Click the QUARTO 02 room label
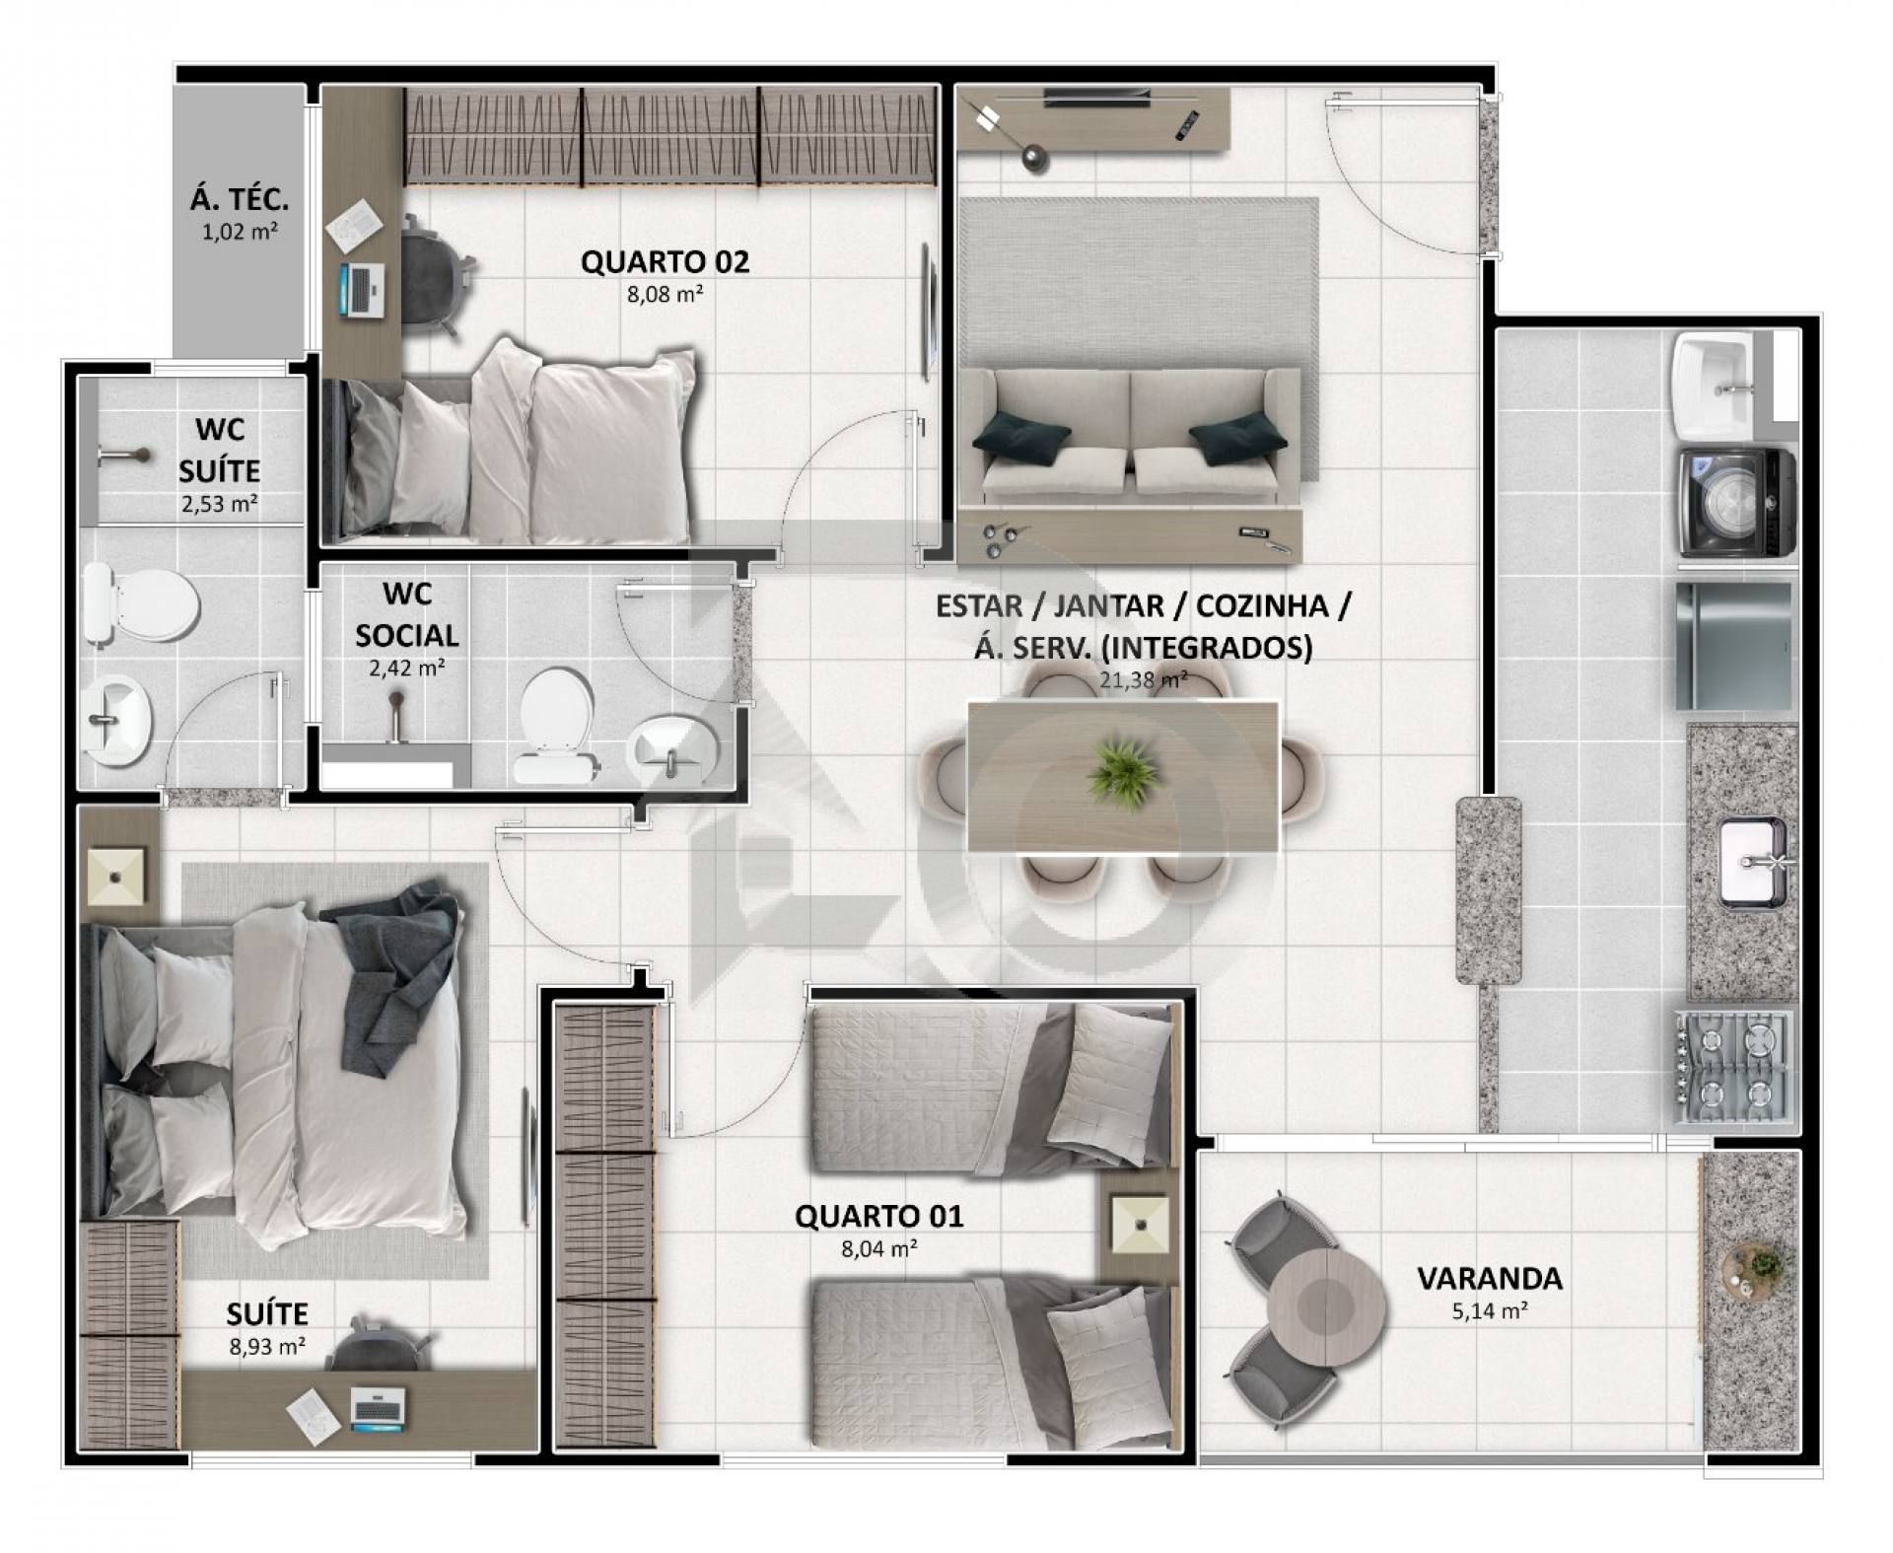[665, 262]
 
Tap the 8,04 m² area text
[879, 1249]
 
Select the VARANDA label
[1490, 1279]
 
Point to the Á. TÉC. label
[240, 199]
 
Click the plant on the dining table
[1123, 768]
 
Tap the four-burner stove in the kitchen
[1734, 1070]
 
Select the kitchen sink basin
[1752, 862]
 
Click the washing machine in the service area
[1736, 503]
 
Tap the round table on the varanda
[1326, 1307]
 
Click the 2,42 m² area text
[406, 668]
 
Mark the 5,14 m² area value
[1490, 1311]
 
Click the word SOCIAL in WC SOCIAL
[406, 635]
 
